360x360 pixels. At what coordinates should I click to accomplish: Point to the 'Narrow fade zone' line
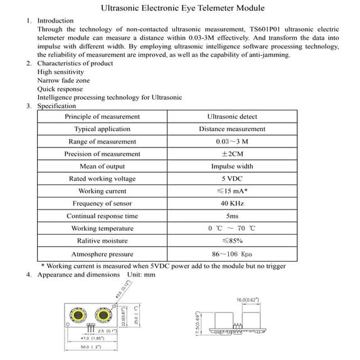(63, 81)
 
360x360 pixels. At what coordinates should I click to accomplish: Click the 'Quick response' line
(60, 89)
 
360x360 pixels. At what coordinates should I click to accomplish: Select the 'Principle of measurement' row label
(102, 117)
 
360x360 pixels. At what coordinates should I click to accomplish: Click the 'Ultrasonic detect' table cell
(232, 117)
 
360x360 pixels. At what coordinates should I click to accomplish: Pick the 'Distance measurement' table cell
(232, 129)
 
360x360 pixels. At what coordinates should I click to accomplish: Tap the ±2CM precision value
(232, 154)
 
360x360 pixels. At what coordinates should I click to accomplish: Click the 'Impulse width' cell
(232, 166)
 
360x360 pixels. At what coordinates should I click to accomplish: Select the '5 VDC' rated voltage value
(232, 179)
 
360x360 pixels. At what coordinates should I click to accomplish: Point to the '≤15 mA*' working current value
(232, 191)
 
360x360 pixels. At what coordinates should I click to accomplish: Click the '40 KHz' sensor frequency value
(232, 203)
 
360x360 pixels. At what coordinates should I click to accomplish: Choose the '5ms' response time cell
(232, 216)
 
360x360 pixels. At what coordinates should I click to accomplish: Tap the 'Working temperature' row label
(102, 228)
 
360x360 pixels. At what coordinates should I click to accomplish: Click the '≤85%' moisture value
(232, 241)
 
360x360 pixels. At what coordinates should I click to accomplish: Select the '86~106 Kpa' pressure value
(232, 254)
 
